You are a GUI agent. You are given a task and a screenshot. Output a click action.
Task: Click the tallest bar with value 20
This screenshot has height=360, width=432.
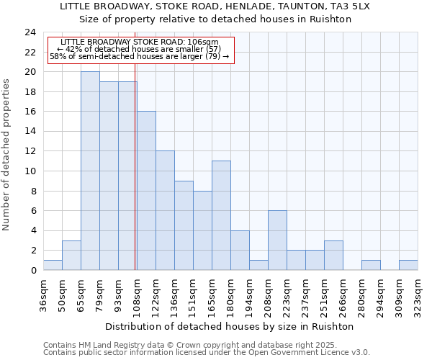tap(90, 171)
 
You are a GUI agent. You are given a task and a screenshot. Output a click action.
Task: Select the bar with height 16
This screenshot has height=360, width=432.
tap(146, 191)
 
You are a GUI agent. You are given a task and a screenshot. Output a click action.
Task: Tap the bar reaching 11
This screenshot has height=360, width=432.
tap(221, 215)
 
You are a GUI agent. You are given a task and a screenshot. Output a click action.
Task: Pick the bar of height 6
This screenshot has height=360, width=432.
tap(277, 240)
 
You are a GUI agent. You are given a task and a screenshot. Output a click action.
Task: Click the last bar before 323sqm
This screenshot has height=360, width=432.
tap(408, 265)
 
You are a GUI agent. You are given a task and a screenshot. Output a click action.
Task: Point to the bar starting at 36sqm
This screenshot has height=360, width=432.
tap(53, 265)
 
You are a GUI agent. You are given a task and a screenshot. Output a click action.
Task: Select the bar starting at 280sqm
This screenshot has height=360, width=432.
tap(371, 265)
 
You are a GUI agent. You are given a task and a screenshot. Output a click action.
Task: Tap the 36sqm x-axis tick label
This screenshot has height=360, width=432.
tap(43, 293)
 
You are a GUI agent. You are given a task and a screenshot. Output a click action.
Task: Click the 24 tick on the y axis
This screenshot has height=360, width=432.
tap(30, 32)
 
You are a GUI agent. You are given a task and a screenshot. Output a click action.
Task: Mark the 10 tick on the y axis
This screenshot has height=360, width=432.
tap(30, 171)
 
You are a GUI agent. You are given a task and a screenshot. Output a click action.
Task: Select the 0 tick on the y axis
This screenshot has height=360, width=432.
tap(33, 270)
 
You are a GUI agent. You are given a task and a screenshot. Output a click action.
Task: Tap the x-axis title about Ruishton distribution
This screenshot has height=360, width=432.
tap(234, 326)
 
